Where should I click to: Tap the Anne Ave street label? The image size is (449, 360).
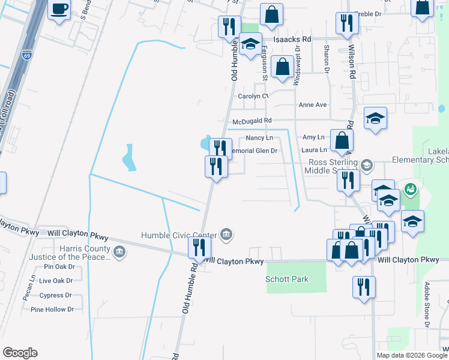(x=313, y=105)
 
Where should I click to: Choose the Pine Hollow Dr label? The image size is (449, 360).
(x=52, y=310)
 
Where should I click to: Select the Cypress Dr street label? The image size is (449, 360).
(x=56, y=295)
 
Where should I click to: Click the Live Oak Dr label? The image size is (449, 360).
(x=56, y=281)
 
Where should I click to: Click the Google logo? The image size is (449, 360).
(x=20, y=352)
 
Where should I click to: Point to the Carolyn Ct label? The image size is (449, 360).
(x=252, y=96)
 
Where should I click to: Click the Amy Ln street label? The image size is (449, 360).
(x=313, y=137)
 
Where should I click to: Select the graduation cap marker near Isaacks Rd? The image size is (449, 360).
(x=250, y=44)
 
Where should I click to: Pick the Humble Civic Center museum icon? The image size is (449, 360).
(x=226, y=234)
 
